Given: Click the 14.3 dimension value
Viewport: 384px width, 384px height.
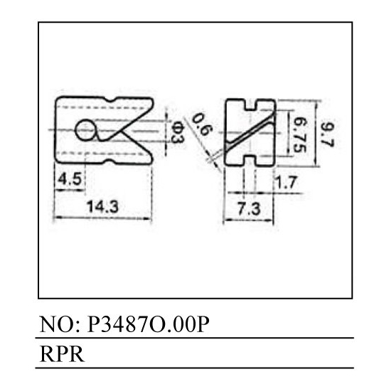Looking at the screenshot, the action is point(102,206).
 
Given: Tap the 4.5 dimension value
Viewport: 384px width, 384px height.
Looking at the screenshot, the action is point(70,178).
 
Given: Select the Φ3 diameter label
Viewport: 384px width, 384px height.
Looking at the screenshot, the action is point(177,133).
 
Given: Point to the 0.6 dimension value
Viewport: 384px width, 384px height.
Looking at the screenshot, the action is point(201,124).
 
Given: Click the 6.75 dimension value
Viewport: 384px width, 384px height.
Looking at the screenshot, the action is point(300,134).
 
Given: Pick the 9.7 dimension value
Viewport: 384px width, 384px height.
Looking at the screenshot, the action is point(327,134).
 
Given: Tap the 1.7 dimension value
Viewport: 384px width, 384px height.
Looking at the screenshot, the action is point(286,182).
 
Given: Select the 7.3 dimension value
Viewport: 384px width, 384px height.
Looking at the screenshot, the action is point(249,209).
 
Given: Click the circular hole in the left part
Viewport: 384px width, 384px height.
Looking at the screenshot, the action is point(85,130).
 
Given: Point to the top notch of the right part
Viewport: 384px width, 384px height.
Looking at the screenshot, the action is point(250,105).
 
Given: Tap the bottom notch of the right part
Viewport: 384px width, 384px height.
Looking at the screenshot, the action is point(250,161).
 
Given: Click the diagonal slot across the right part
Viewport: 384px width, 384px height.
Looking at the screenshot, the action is point(249,132).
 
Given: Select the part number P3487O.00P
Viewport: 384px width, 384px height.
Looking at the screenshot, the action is point(148,324).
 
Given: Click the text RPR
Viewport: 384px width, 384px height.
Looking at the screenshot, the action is point(62,354).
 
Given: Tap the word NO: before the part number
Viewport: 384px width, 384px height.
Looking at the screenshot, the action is point(60,324).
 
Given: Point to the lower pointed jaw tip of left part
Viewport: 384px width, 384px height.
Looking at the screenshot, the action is point(151,161).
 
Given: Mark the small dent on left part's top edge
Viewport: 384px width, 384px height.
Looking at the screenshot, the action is point(110,100).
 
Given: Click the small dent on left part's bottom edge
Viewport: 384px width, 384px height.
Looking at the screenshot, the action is point(110,161).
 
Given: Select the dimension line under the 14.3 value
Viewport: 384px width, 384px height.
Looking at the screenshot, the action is point(102,218).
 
